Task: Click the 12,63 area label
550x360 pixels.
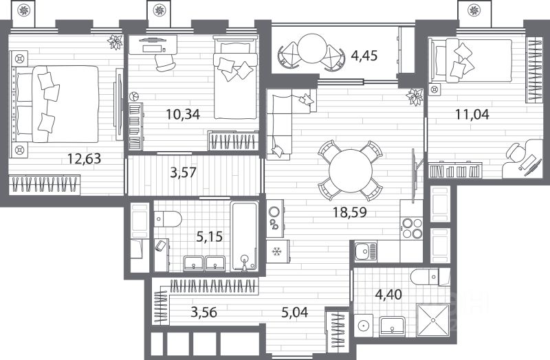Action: pyautogui.click(x=84, y=159)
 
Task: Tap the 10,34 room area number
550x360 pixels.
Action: pyautogui.click(x=183, y=114)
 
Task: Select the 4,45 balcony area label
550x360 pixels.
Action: pyautogui.click(x=364, y=56)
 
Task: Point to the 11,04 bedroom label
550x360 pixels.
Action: pyautogui.click(x=472, y=114)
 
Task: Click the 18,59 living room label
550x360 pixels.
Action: pyautogui.click(x=350, y=212)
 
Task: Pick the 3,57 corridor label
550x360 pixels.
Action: pyautogui.click(x=183, y=172)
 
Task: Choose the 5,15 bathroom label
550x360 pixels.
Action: pyautogui.click(x=210, y=237)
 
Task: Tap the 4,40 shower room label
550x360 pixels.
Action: pyautogui.click(x=388, y=295)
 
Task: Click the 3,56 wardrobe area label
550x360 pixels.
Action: pyautogui.click(x=203, y=312)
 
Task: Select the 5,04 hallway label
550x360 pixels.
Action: pyautogui.click(x=295, y=312)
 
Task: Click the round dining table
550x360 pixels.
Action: pyautogui.click(x=351, y=170)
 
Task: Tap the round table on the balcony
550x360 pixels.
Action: pyautogui.click(x=312, y=48)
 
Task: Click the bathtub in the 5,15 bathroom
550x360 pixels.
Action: pyautogui.click(x=245, y=236)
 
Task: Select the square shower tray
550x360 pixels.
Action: pyautogui.click(x=433, y=320)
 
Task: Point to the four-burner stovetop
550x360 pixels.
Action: pyautogui.click(x=412, y=228)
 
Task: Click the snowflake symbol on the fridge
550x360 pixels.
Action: pyautogui.click(x=277, y=251)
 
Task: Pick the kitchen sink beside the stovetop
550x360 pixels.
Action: pyautogui.click(x=366, y=251)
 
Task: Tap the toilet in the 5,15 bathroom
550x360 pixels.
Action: pyautogui.click(x=168, y=219)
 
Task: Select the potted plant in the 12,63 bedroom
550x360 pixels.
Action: pyautogui.click(x=115, y=42)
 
